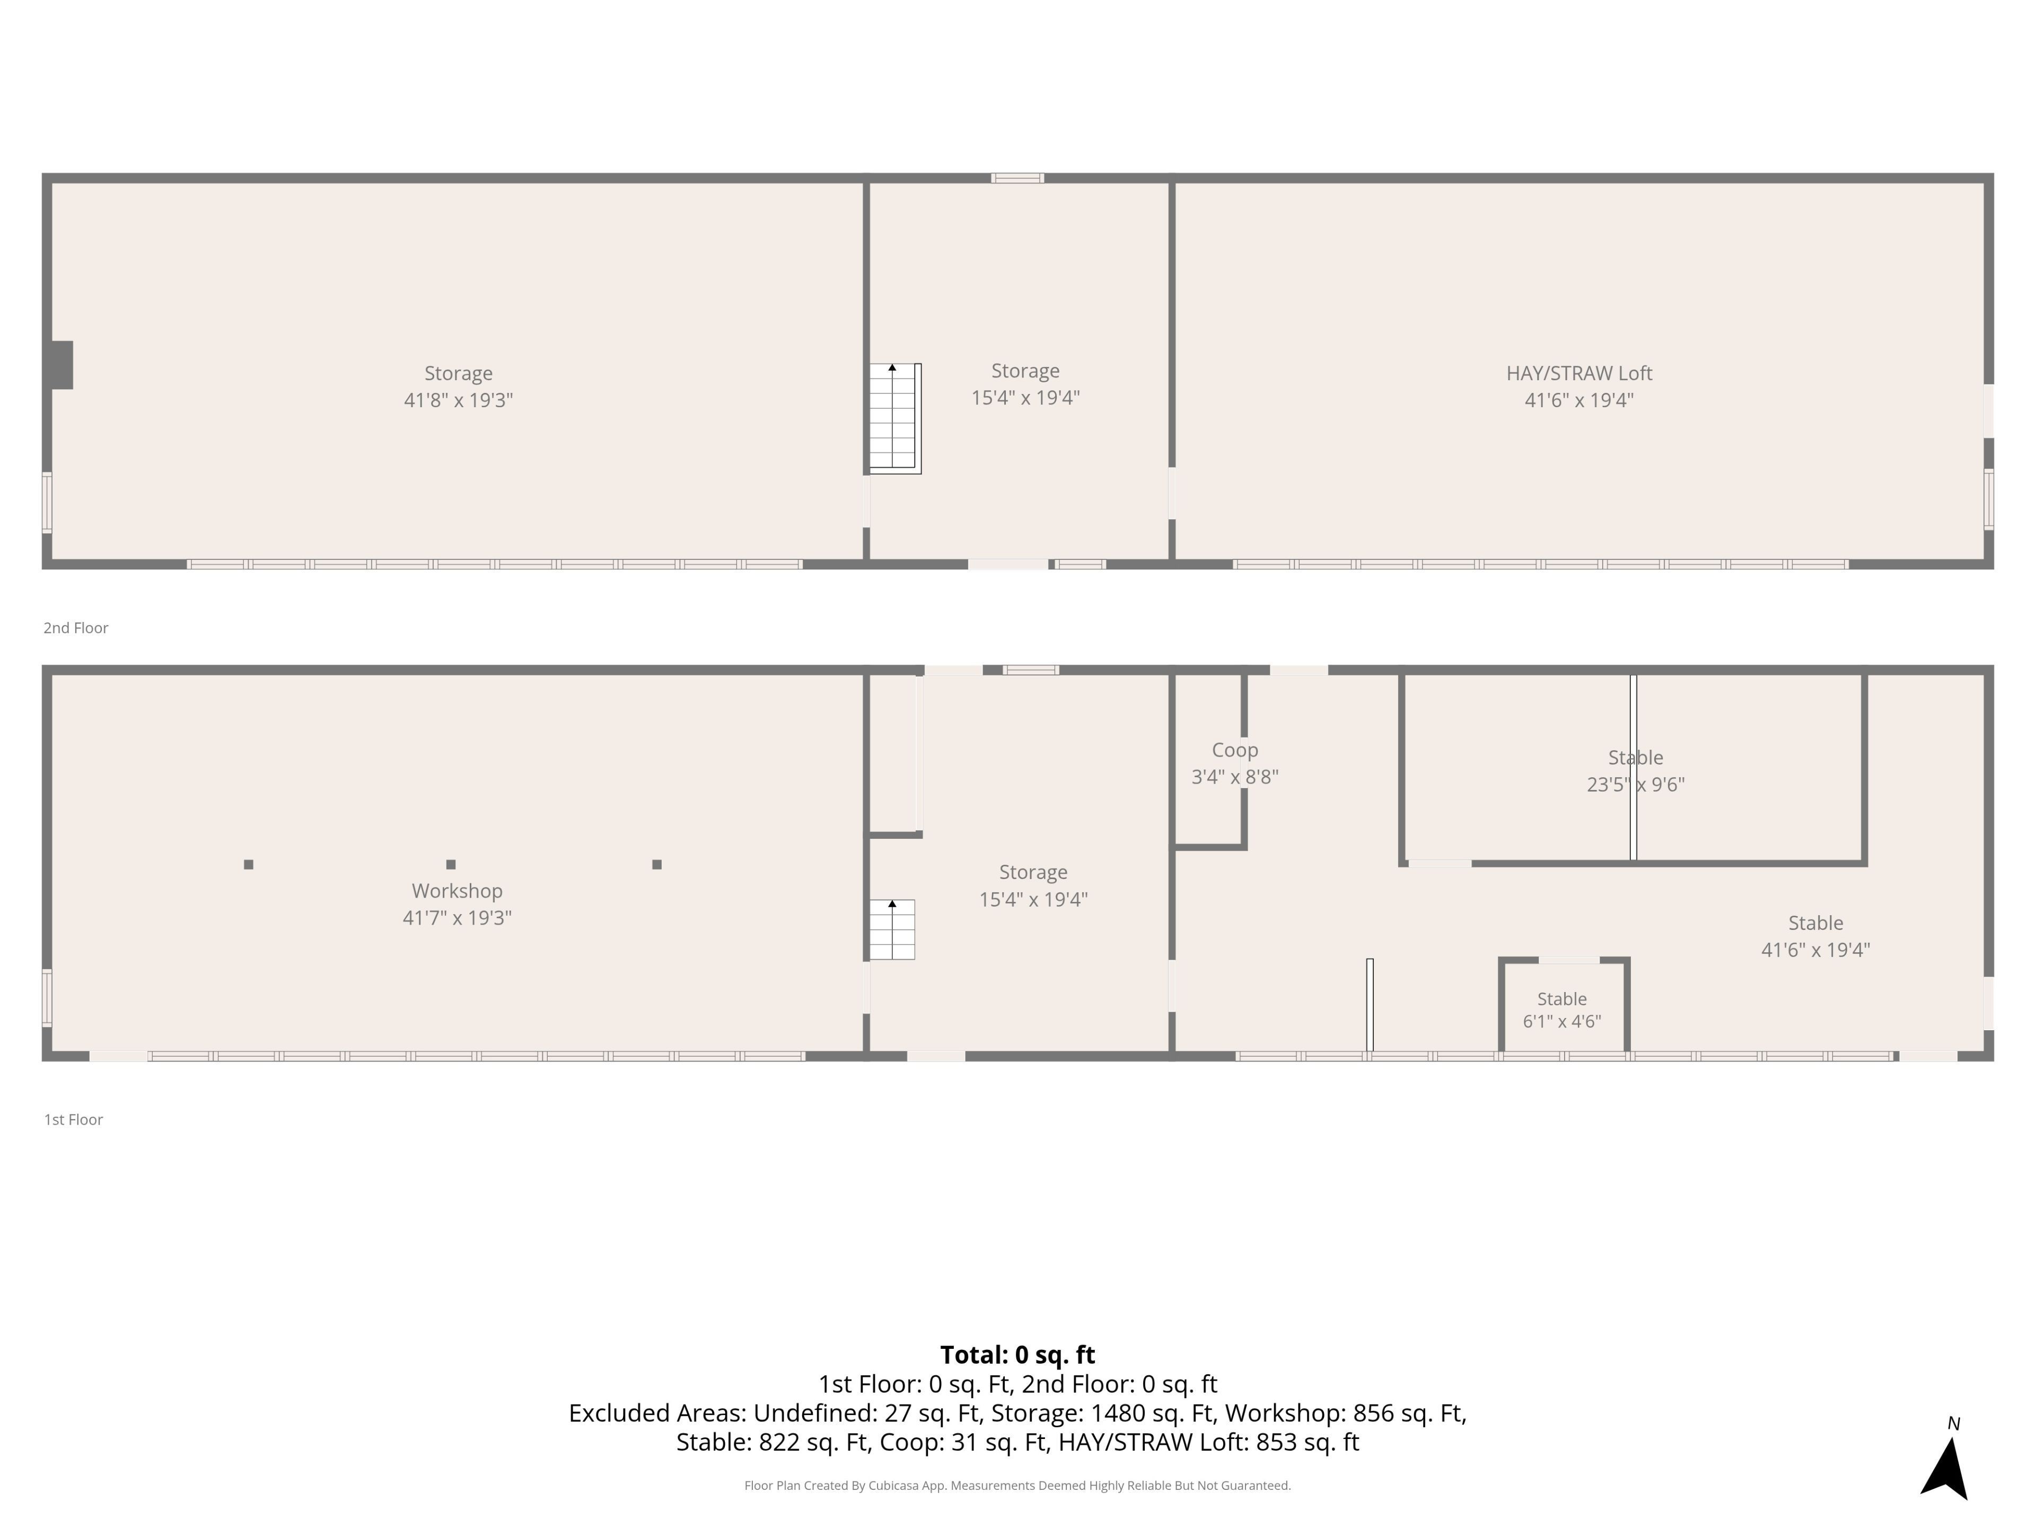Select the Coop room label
(x=1234, y=750)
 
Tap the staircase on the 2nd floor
(x=894, y=419)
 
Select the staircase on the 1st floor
(x=892, y=929)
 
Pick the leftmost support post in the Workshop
(x=249, y=864)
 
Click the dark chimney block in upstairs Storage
(x=62, y=364)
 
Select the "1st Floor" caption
(x=74, y=1119)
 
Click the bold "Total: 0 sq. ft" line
(x=1017, y=1355)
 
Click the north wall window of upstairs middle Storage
(x=1017, y=178)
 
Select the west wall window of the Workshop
(x=47, y=998)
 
